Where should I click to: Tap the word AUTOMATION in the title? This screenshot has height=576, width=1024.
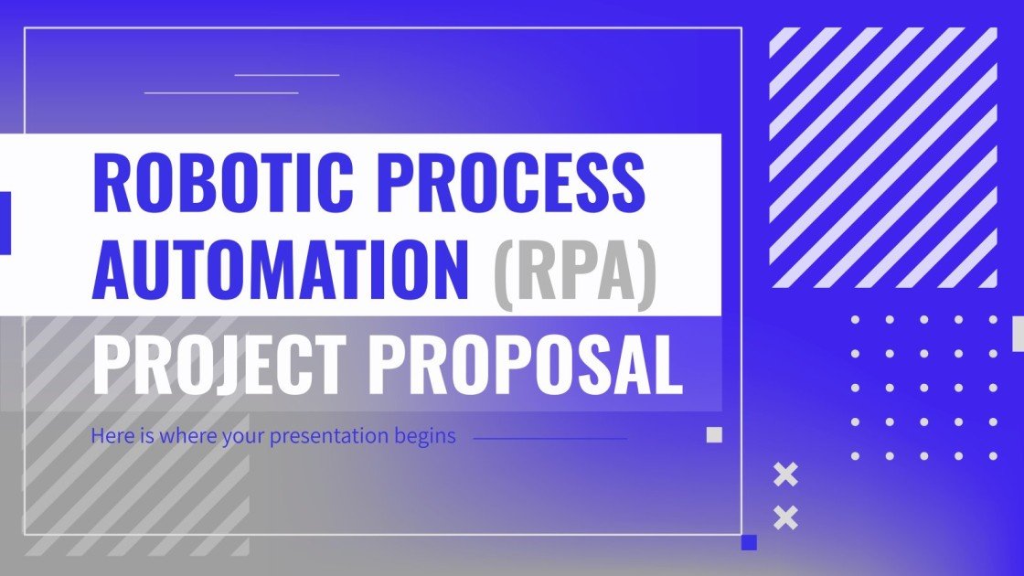pos(281,269)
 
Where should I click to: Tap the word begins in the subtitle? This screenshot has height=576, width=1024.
pos(428,436)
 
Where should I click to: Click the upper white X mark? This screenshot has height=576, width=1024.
pos(785,475)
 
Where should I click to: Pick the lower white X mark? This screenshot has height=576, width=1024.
pos(785,518)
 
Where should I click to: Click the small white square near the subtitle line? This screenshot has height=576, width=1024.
pos(714,435)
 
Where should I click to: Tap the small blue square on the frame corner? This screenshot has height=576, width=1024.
pos(750,542)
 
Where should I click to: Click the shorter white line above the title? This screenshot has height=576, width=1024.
pos(287,75)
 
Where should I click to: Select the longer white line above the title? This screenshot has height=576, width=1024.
pos(221,92)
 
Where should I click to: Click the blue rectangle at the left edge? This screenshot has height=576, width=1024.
pos(4,222)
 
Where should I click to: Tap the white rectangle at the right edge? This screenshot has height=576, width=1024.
pos(1019,333)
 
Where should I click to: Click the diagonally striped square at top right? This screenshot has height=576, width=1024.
pos(883,157)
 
